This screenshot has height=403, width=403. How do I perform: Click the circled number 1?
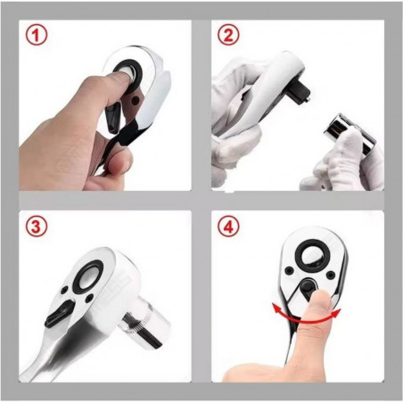point(36,36)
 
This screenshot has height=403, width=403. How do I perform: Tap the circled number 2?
point(227,36)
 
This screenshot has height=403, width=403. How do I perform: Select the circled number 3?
point(36,227)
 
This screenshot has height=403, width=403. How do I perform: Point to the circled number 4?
point(228,227)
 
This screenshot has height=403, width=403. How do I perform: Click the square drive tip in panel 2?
point(303,90)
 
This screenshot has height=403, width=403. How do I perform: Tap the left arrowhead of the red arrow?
point(277,308)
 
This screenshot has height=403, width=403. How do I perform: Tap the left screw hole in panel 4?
point(288,270)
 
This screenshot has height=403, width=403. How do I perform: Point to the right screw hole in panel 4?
point(329,275)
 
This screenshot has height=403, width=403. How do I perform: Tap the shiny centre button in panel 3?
point(90,277)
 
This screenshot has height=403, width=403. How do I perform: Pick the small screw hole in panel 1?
point(136,101)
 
